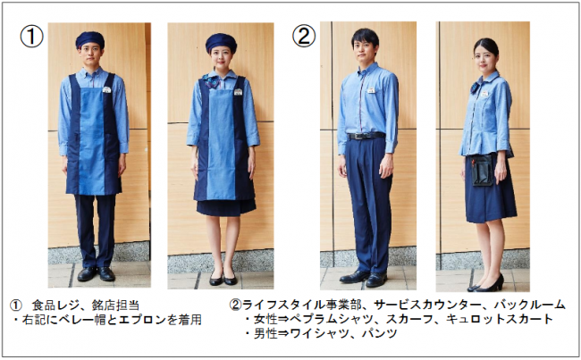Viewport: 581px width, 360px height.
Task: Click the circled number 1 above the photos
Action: [31, 37]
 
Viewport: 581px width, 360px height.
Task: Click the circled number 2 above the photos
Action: [304, 36]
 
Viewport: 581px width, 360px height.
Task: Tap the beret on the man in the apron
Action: [89, 39]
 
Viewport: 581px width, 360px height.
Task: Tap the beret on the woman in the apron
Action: [221, 42]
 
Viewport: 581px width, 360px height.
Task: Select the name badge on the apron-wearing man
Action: [106, 89]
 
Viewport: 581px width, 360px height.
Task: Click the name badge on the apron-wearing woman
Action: [238, 91]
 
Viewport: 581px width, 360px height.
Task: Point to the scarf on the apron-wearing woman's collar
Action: [210, 81]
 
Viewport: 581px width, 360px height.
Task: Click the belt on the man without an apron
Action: [366, 136]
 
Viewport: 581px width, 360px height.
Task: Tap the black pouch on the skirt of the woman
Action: [482, 170]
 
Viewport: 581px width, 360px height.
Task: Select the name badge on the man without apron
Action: [371, 90]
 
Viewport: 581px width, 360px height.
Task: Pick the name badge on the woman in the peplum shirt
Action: [485, 94]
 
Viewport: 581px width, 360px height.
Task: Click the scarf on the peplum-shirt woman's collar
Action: [475, 88]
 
